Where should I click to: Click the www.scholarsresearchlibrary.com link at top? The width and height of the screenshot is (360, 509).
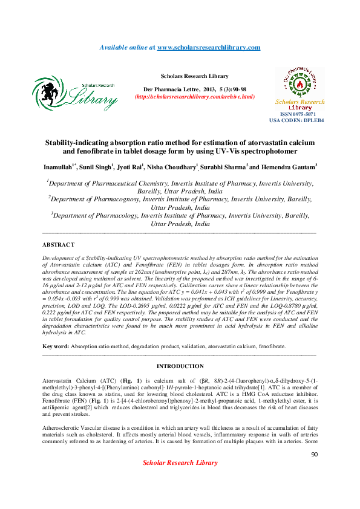click(209, 47)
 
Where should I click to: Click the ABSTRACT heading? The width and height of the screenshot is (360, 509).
click(59, 245)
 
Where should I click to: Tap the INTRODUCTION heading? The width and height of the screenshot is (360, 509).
click(180, 366)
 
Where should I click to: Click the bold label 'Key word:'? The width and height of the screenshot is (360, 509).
click(55, 346)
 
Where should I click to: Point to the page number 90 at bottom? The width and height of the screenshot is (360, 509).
click(314, 454)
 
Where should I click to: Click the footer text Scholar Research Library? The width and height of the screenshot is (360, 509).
click(180, 463)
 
